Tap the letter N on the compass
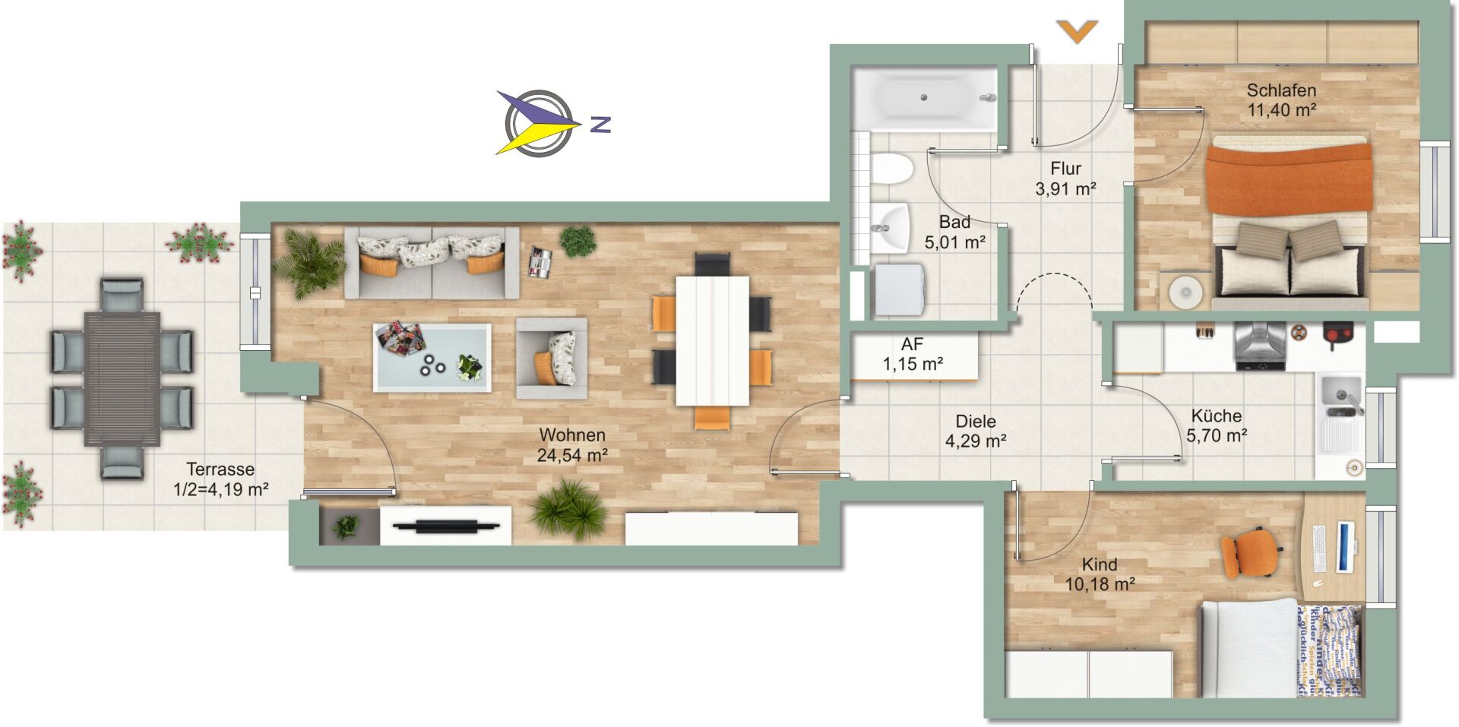[601, 124]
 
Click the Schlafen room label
[1281, 90]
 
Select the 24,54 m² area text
[571, 455]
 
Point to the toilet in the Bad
[891, 169]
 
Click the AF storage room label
[913, 345]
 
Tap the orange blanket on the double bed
[1289, 177]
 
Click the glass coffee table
[432, 357]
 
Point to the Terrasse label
[220, 469]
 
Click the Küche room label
[1217, 416]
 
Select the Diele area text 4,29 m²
[976, 441]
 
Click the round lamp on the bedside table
[1185, 291]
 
